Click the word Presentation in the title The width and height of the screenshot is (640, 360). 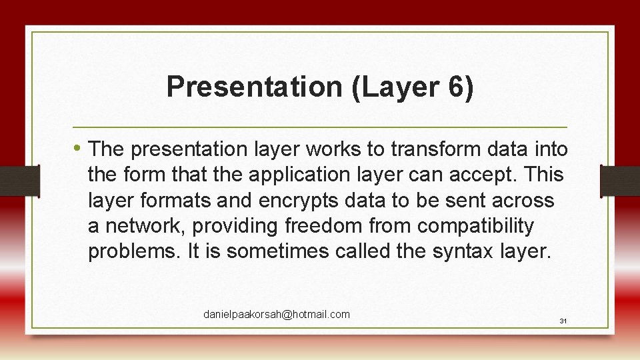(253, 87)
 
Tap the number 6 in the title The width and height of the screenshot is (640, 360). (455, 87)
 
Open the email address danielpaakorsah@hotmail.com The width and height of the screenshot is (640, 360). (277, 315)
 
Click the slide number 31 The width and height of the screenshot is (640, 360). (563, 321)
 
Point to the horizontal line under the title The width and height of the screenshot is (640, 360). (320, 127)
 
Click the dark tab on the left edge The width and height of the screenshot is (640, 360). (19, 181)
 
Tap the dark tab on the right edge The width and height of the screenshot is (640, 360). (620, 181)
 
